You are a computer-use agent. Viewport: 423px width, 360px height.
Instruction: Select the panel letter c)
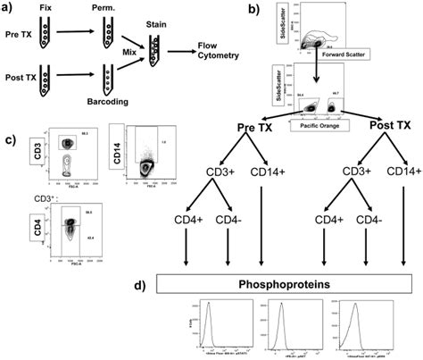pyautogui.click(x=10, y=140)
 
